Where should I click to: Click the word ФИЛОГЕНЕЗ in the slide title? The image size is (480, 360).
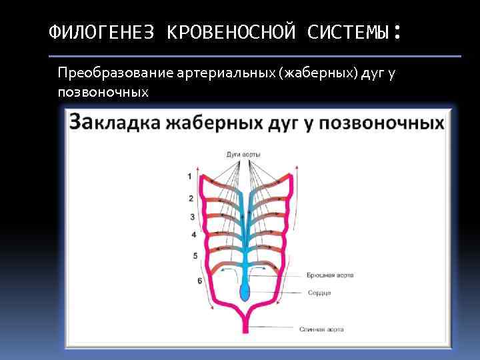(101, 31)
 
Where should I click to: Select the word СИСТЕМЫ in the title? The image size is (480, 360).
(349, 31)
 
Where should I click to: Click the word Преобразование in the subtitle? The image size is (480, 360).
(117, 72)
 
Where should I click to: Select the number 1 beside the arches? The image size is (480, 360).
(189, 176)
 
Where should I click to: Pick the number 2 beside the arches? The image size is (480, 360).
(191, 198)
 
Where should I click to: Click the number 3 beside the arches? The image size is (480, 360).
(192, 217)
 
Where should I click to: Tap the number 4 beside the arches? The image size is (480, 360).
(193, 235)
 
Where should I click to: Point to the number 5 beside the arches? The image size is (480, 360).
(195, 255)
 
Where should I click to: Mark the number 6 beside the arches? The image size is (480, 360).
(199, 281)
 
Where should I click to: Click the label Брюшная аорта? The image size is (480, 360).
(329, 275)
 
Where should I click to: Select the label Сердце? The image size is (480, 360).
(319, 293)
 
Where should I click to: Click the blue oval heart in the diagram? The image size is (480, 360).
(245, 291)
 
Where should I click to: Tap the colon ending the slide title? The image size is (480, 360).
(397, 31)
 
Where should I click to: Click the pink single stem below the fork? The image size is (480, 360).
(245, 323)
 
